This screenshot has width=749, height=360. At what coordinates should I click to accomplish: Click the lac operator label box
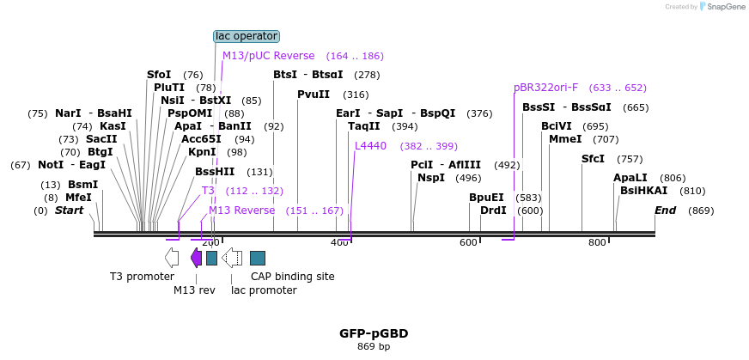click(x=247, y=36)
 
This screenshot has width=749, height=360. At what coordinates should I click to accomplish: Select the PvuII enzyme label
click(x=314, y=95)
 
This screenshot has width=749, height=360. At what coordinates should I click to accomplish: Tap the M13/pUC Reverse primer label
click(x=268, y=56)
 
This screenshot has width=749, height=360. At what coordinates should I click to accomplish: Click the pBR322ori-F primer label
click(x=545, y=88)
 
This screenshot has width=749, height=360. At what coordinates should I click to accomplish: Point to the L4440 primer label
click(x=371, y=146)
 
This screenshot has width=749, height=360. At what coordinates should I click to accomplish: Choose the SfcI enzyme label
click(x=594, y=159)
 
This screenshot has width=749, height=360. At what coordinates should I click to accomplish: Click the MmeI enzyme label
click(x=565, y=139)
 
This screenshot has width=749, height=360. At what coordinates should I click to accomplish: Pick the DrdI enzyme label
click(x=493, y=211)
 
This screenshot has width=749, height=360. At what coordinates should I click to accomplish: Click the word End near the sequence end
click(x=666, y=211)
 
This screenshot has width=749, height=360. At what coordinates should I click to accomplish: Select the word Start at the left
click(x=70, y=211)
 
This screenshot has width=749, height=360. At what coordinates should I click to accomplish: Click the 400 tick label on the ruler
click(x=339, y=243)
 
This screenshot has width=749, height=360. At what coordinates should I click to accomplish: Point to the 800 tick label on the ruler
click(x=597, y=243)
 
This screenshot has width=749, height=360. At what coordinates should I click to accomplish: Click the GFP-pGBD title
click(x=374, y=333)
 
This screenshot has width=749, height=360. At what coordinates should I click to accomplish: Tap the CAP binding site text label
click(x=292, y=277)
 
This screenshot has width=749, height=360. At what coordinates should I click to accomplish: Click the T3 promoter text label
click(x=142, y=277)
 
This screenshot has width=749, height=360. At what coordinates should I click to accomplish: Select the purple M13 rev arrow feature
click(x=196, y=258)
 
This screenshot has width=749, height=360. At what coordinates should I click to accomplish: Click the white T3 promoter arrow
click(x=172, y=258)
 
